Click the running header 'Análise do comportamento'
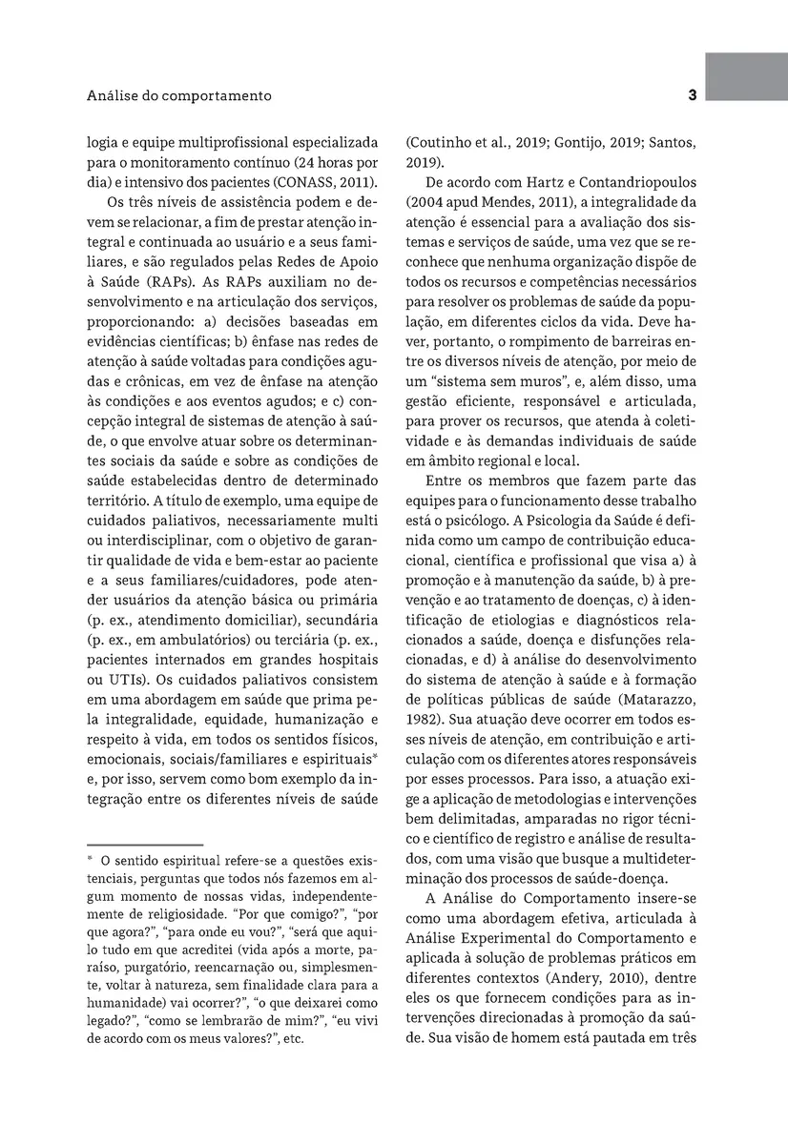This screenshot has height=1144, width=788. pyautogui.click(x=179, y=96)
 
